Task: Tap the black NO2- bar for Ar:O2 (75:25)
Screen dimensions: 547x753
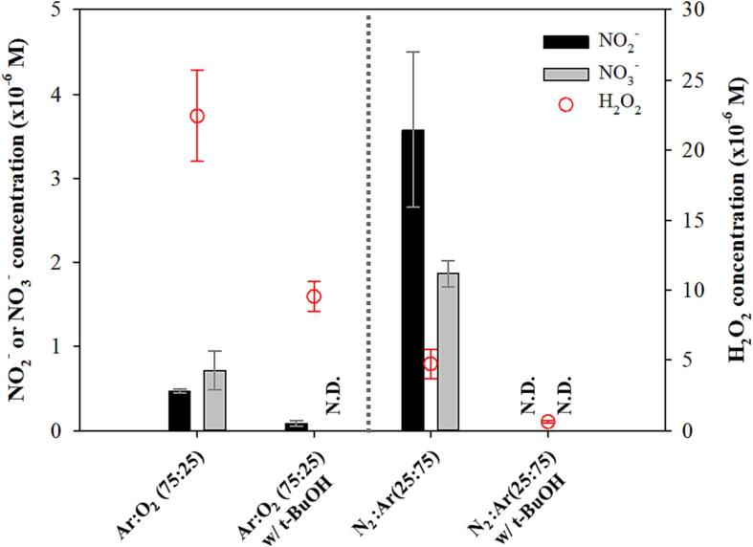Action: (180, 410)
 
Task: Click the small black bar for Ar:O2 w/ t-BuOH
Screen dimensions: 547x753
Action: (297, 426)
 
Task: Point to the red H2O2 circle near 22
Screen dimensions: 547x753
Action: (197, 116)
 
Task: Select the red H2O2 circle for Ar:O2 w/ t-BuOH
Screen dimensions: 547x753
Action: (314, 296)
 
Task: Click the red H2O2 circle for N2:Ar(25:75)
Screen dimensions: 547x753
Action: (431, 363)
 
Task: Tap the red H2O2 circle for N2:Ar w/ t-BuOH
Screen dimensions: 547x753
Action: (547, 422)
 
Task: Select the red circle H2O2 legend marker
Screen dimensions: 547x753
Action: (565, 104)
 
